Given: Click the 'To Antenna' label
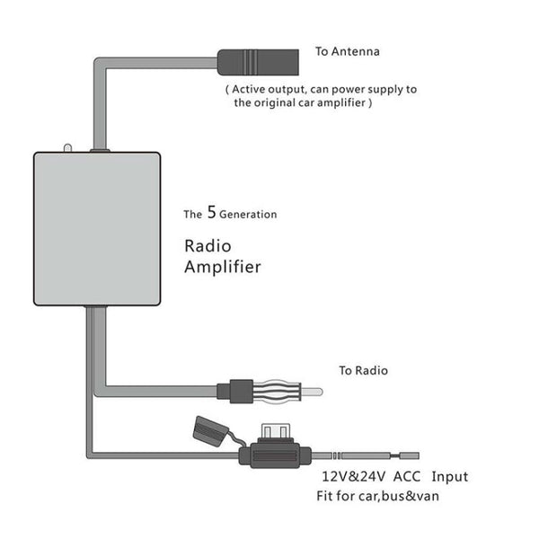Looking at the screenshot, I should tap(347, 51).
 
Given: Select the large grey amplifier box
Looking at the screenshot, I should tap(96, 228).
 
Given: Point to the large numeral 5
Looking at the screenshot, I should tap(211, 214).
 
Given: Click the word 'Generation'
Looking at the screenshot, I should tap(249, 216).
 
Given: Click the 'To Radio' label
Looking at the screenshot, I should tap(364, 369).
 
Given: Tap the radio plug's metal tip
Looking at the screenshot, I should tap(309, 392).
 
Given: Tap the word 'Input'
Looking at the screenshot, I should tap(449, 477).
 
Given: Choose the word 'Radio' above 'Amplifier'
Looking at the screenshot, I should tap(208, 244).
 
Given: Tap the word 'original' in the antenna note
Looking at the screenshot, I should tap(277, 103).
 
